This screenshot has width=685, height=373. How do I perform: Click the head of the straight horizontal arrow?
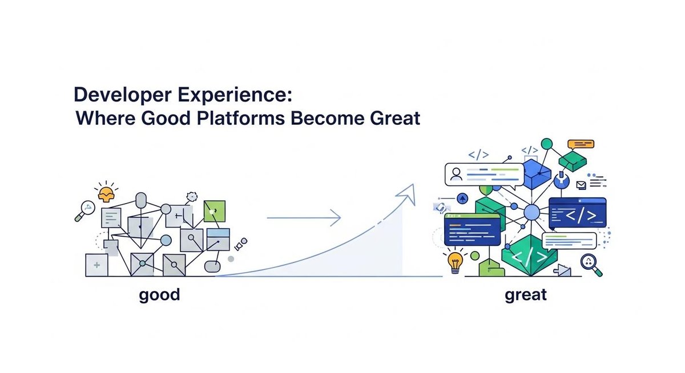[337, 217]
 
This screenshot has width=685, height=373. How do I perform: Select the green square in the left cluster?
[214, 210]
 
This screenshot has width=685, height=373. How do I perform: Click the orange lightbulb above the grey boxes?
[106, 194]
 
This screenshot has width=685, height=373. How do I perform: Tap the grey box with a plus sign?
[96, 265]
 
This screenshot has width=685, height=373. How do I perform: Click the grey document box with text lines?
[111, 217]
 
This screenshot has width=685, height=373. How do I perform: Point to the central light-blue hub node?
[531, 213]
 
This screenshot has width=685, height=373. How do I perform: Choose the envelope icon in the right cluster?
[581, 185]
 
